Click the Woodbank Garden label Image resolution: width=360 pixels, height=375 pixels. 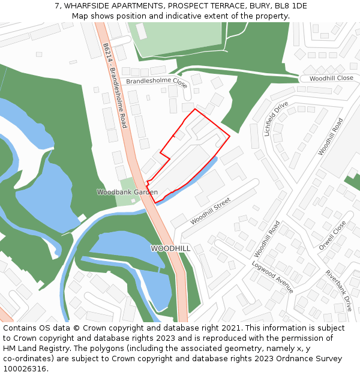(x=127, y=192)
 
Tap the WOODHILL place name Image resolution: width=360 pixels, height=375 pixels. (x=170, y=248)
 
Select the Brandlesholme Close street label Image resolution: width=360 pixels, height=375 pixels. (x=156, y=82)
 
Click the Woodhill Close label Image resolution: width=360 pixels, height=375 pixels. (x=332, y=78)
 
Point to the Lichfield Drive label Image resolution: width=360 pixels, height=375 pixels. (x=276, y=119)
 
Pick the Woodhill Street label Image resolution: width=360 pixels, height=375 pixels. (x=210, y=212)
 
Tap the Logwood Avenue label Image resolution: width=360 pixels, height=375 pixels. (x=272, y=277)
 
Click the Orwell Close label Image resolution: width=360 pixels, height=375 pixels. (x=332, y=235)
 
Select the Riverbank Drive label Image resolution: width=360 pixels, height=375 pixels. (x=339, y=290)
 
